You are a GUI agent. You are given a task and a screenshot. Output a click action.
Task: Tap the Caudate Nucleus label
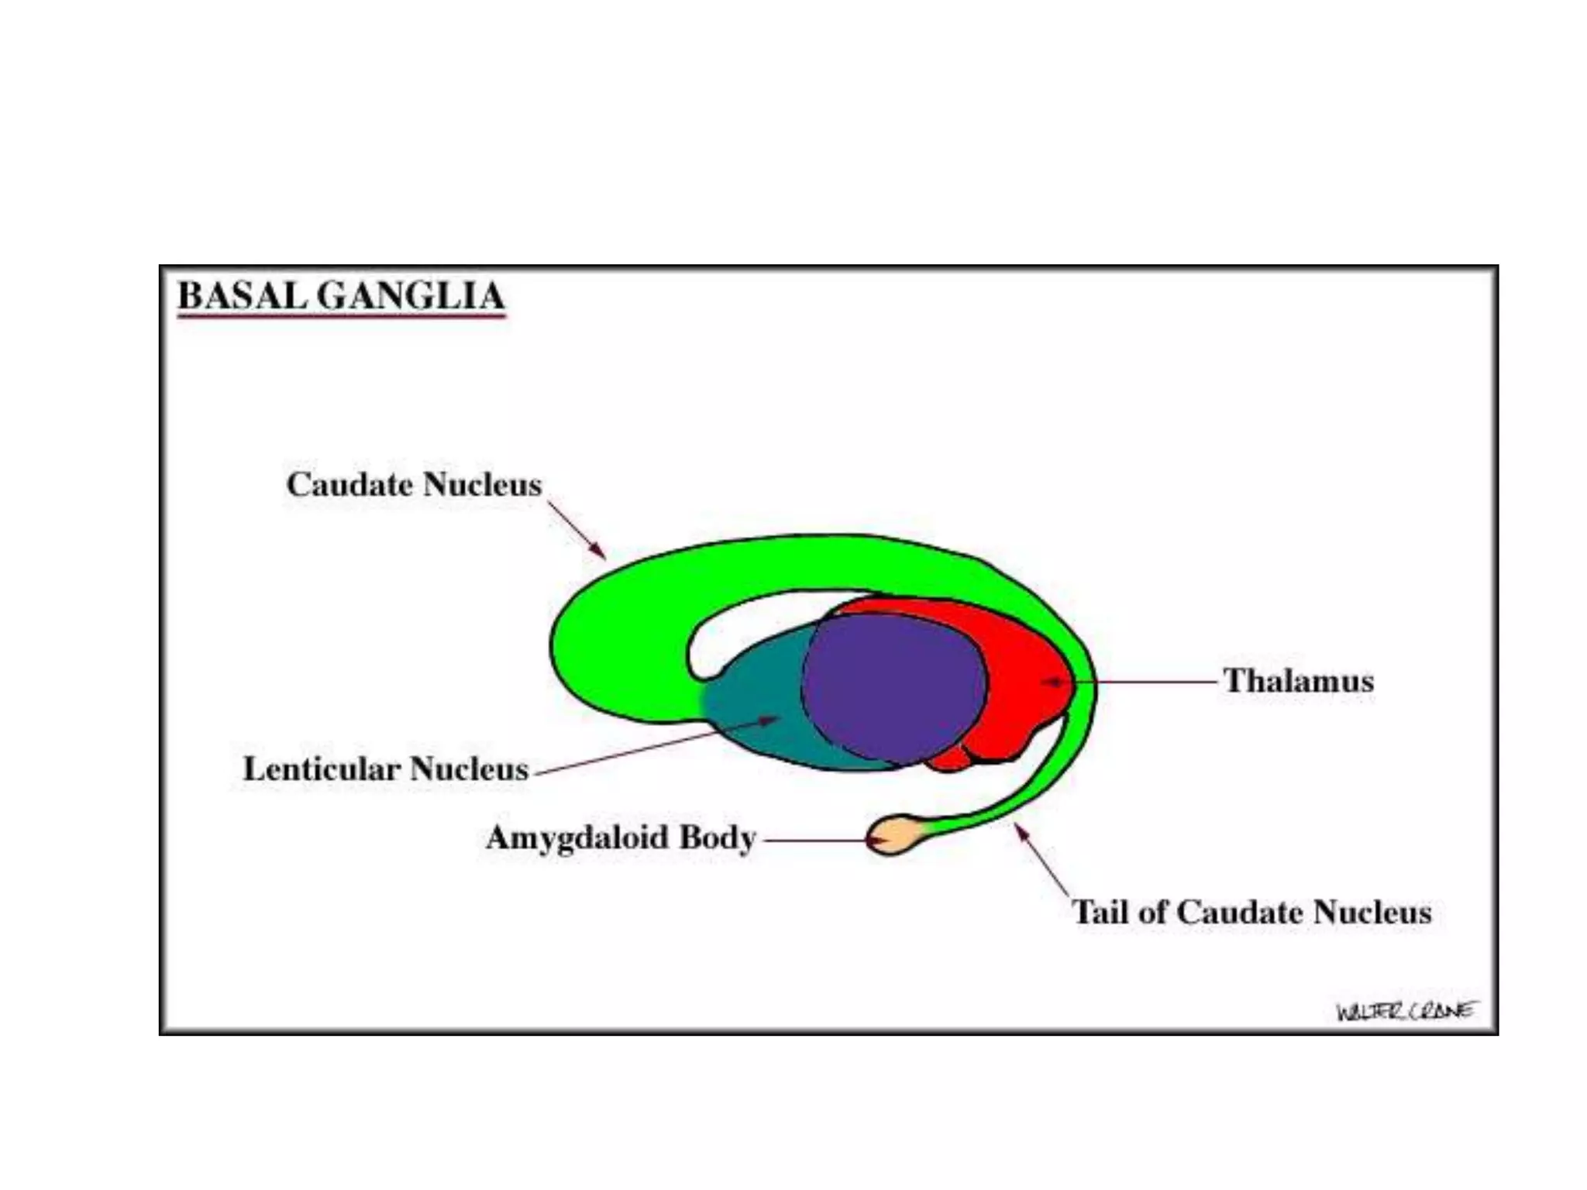point(414,485)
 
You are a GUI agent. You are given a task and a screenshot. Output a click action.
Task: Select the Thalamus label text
point(1298,681)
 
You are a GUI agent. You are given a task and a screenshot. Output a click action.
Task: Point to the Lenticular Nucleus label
point(385,769)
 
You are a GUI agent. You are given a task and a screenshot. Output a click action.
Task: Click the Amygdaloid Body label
point(621,837)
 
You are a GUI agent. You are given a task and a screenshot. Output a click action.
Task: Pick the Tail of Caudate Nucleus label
point(1251,912)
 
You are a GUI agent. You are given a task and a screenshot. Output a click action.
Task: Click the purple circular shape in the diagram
point(893,688)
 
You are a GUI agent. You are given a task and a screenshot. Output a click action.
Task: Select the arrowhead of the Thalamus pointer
point(1049,682)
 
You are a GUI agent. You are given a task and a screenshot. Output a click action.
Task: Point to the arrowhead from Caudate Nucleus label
point(598,551)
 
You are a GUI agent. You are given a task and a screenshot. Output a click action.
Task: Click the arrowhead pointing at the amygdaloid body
point(876,840)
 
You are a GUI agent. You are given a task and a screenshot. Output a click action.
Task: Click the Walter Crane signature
point(1405,1011)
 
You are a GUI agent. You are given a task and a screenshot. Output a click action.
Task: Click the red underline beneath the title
point(341,316)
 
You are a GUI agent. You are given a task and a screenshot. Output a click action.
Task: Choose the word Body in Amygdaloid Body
point(717,837)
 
